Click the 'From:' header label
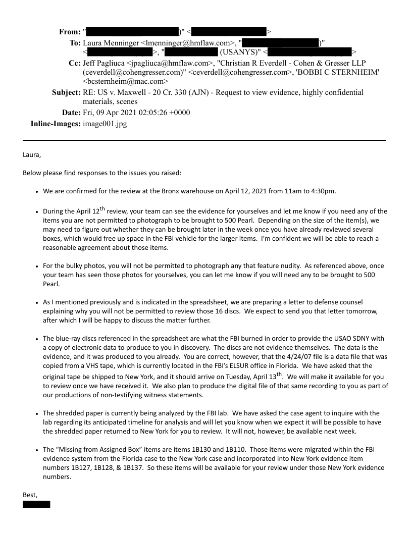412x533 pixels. click(x=69, y=32)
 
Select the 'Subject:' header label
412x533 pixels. click(x=66, y=92)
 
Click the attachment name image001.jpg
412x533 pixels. click(x=105, y=124)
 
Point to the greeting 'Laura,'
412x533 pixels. click(x=32, y=155)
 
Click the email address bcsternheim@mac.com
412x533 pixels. click(x=127, y=81)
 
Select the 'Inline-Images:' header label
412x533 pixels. click(x=56, y=124)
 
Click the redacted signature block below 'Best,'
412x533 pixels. click(x=36, y=504)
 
